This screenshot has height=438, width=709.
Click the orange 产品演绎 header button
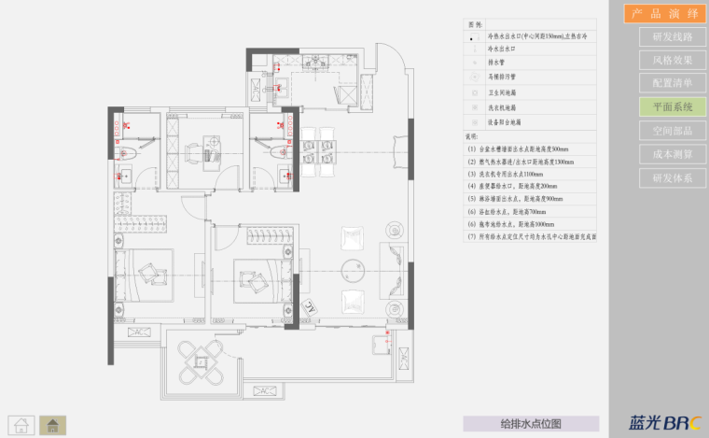tap(665, 13)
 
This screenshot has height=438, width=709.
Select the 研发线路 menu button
tap(673, 37)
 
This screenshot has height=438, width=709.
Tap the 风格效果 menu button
tap(673, 61)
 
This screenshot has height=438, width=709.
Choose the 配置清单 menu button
tap(673, 84)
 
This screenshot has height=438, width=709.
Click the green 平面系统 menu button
tap(673, 107)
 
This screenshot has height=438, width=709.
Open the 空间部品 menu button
tap(673, 131)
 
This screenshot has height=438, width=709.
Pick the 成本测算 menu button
tap(673, 154)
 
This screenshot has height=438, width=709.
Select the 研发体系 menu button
tap(673, 177)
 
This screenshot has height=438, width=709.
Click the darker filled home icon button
tap(53, 424)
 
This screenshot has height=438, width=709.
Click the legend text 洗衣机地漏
tap(505, 107)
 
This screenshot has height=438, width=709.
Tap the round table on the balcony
tap(202, 360)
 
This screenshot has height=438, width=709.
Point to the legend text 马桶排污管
tap(504, 78)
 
